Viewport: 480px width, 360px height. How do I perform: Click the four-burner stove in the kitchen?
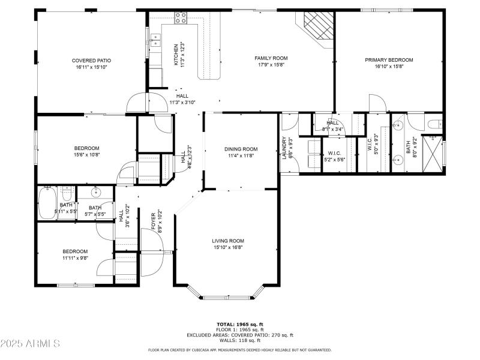pyautogui.click(x=179, y=20)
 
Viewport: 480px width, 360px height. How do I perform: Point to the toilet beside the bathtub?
pyautogui.click(x=67, y=193)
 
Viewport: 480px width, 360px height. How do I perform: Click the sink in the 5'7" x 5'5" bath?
pyautogui.click(x=96, y=193)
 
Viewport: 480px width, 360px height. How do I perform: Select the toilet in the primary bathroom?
pyautogui.click(x=434, y=125)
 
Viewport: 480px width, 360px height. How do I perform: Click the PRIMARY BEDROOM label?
pyautogui.click(x=389, y=60)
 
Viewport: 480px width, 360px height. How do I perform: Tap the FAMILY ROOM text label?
pyautogui.click(x=271, y=58)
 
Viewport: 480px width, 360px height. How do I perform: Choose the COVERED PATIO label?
pyautogui.click(x=91, y=61)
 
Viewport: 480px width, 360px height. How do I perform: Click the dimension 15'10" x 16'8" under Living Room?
pyautogui.click(x=228, y=248)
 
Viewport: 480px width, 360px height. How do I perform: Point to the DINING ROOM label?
pyautogui.click(x=241, y=149)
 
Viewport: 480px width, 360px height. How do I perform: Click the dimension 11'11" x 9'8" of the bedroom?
pyautogui.click(x=76, y=259)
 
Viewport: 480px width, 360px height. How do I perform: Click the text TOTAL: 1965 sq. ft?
pyautogui.click(x=239, y=324)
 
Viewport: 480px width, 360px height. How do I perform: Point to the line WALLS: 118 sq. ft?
pyautogui.click(x=239, y=340)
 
